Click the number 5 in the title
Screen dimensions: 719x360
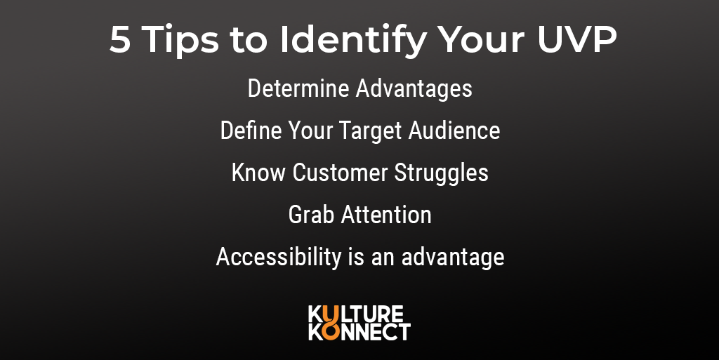click(x=120, y=39)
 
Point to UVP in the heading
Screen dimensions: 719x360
click(x=577, y=39)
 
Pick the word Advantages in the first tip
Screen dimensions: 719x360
click(x=414, y=89)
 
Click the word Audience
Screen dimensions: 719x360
click(x=454, y=130)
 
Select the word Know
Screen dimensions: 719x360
click(x=258, y=173)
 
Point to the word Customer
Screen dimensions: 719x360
click(x=341, y=173)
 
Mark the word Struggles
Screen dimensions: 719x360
click(x=441, y=173)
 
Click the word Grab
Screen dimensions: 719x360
click(x=311, y=215)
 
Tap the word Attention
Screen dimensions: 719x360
click(x=386, y=215)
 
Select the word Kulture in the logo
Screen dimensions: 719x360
click(x=356, y=314)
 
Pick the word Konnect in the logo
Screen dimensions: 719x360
click(x=359, y=332)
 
